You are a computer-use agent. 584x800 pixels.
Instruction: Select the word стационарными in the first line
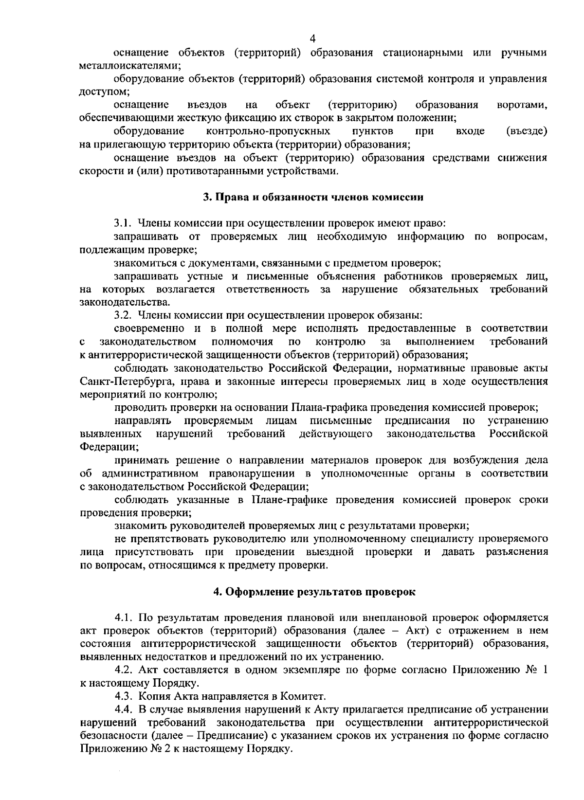(x=424, y=53)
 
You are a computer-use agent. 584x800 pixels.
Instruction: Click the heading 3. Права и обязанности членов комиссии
(x=313, y=198)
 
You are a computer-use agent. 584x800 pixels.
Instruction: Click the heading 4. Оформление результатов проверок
(x=315, y=592)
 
